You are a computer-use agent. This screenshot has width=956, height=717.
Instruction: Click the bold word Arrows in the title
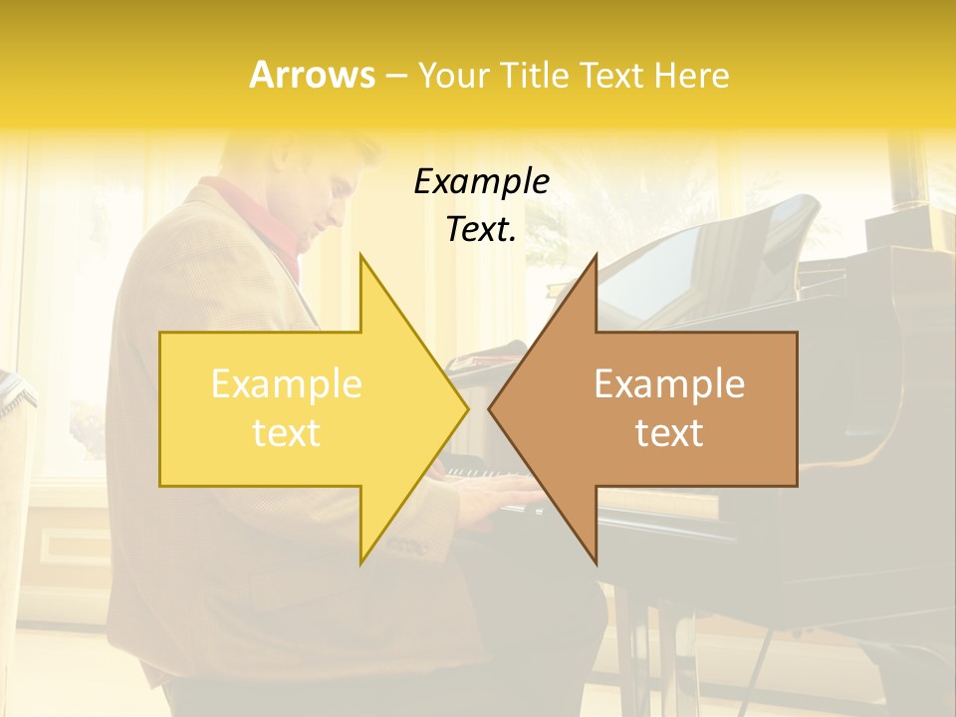click(312, 75)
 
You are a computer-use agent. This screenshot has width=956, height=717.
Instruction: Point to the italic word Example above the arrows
click(481, 181)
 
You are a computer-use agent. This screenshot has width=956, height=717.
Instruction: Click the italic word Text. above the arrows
click(481, 229)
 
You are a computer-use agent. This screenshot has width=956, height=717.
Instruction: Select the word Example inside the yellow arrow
click(287, 384)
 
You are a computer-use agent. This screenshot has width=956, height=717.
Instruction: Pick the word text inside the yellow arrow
click(287, 433)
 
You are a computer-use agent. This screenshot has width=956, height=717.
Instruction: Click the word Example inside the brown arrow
click(669, 384)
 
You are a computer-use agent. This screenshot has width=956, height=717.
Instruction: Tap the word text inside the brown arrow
click(669, 433)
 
